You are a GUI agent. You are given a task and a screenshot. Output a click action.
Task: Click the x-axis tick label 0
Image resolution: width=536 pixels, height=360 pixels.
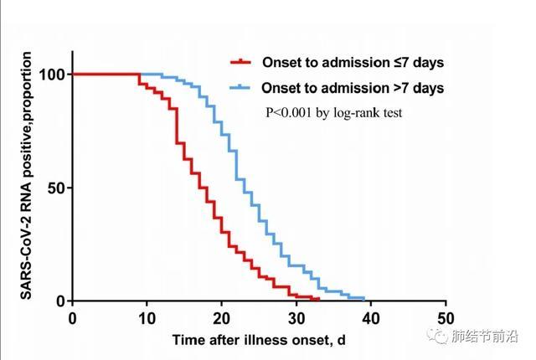click(72, 318)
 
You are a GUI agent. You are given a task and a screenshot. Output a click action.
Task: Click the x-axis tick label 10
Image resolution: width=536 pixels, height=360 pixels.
click(147, 318)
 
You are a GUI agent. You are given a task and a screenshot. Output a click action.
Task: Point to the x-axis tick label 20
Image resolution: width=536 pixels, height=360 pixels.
click(221, 318)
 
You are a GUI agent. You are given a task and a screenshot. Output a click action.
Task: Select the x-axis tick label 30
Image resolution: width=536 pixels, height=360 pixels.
click(296, 318)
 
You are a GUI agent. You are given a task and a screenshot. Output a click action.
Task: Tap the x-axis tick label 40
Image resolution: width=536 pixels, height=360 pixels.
click(371, 318)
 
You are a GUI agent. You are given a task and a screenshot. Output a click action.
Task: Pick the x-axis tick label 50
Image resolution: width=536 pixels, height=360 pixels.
click(446, 318)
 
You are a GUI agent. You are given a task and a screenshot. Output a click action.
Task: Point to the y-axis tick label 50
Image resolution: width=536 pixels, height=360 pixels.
click(56, 188)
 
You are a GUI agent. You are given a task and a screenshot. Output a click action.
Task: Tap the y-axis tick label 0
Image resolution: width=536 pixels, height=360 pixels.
click(60, 301)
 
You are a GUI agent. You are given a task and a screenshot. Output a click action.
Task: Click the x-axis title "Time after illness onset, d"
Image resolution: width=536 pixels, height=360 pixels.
click(259, 340)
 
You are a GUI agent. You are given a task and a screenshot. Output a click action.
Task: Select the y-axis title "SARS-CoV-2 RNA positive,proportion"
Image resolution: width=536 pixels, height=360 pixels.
click(27, 177)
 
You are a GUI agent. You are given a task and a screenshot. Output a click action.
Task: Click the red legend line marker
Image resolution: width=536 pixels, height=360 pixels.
click(241, 62)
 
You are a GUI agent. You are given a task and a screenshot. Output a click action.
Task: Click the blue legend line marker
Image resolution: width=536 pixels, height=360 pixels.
click(241, 87)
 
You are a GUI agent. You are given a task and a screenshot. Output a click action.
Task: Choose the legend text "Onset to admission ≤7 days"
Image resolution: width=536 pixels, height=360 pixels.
click(353, 62)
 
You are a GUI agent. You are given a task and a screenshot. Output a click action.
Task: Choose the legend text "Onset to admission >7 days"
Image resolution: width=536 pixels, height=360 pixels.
click(353, 87)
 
